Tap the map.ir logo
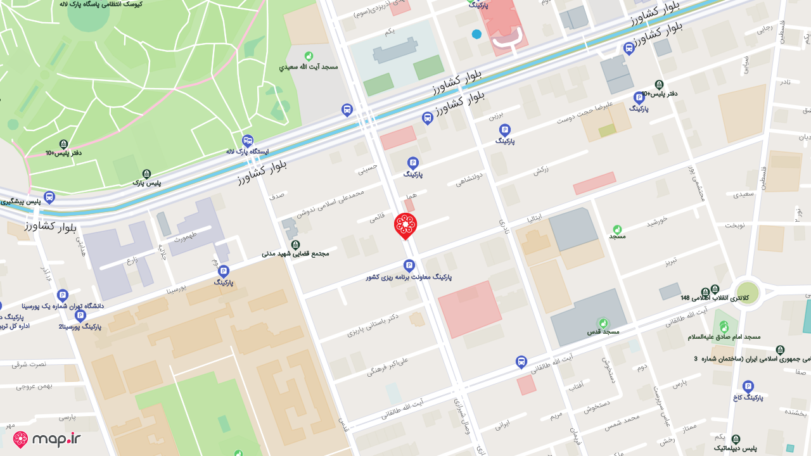coord(48,439)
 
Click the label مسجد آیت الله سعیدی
coord(309,66)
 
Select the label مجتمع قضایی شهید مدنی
coord(295,253)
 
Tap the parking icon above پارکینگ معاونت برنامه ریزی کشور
coord(409,266)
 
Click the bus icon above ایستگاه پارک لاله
coord(248,141)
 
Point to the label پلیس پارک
coord(146,183)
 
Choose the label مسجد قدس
coord(603,331)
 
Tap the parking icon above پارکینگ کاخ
coord(748,386)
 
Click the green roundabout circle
coord(748,293)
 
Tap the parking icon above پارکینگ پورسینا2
coord(80,316)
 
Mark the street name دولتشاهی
coord(469,179)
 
